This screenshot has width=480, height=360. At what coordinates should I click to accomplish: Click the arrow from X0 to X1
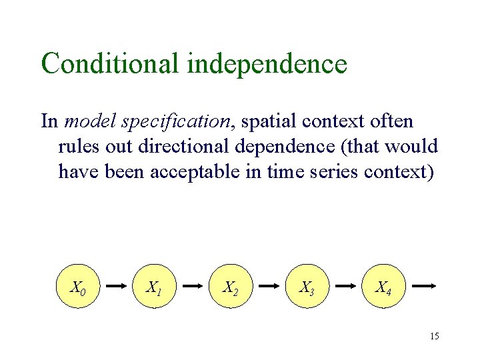(x=117, y=286)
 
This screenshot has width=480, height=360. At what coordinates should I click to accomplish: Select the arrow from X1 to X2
(x=193, y=286)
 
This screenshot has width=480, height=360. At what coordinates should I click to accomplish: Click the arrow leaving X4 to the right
(x=423, y=286)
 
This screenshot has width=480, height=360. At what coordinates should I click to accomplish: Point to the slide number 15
(x=434, y=336)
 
